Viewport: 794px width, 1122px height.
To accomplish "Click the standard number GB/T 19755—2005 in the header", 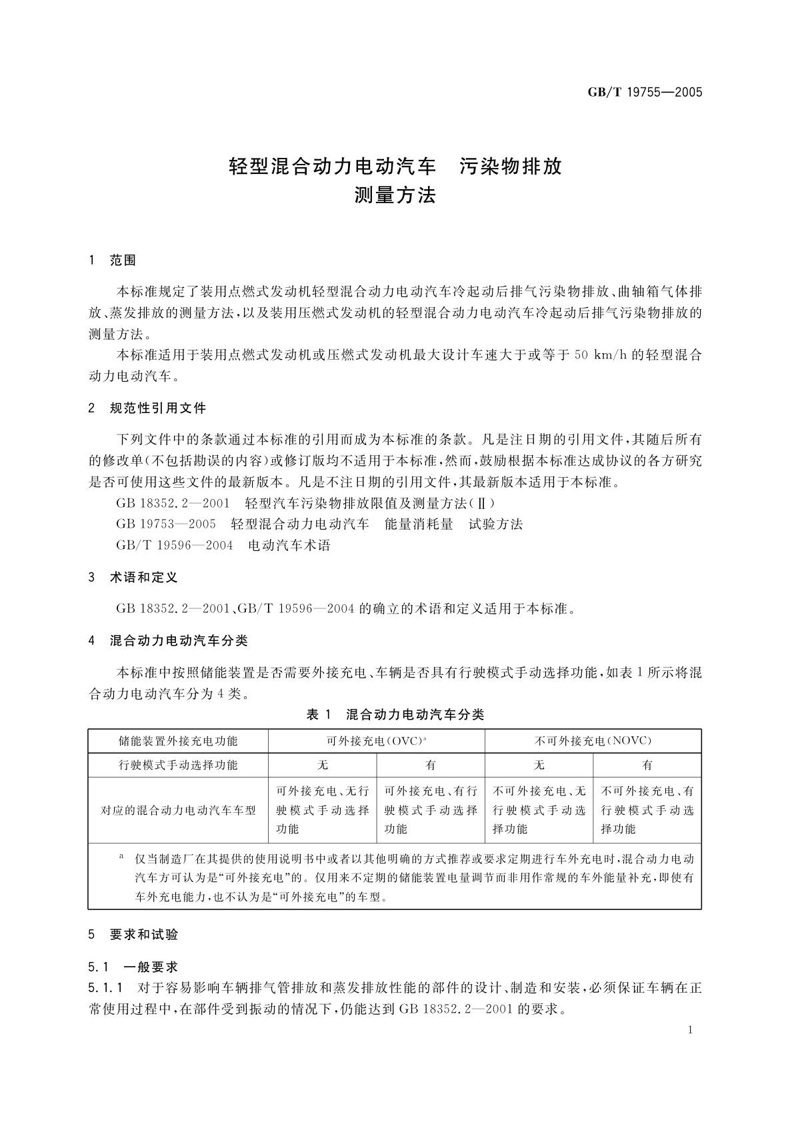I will [645, 93].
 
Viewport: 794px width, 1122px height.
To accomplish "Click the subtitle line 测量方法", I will [396, 196].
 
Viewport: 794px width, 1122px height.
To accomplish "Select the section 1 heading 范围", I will [123, 261].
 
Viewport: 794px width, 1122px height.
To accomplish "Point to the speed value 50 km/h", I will [599, 355].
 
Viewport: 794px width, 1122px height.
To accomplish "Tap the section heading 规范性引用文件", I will [158, 408].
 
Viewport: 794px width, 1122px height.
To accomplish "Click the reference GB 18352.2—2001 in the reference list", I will [173, 503].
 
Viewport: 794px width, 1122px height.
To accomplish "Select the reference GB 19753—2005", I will [166, 524].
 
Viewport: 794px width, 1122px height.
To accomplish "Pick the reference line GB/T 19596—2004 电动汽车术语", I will [223, 546].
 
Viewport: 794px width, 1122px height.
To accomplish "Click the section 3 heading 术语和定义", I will [143, 578].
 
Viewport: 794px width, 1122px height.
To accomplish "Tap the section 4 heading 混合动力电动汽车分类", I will [179, 641].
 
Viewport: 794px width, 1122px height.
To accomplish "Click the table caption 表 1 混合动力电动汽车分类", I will [395, 715].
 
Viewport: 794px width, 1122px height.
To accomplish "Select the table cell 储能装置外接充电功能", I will [178, 741].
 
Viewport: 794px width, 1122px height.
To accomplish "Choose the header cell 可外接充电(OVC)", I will [376, 741].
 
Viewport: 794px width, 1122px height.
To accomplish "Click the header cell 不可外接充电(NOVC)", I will [593, 741].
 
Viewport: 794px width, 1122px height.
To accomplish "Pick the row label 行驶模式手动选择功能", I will [178, 765].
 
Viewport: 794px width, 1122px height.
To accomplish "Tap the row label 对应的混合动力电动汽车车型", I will [178, 810].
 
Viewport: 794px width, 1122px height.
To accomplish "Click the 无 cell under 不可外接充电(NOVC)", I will [539, 765].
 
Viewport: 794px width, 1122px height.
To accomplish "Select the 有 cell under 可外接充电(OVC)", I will [431, 765].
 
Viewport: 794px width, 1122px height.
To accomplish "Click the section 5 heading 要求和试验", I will [144, 935].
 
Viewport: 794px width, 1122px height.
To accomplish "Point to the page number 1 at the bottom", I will [690, 1030].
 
